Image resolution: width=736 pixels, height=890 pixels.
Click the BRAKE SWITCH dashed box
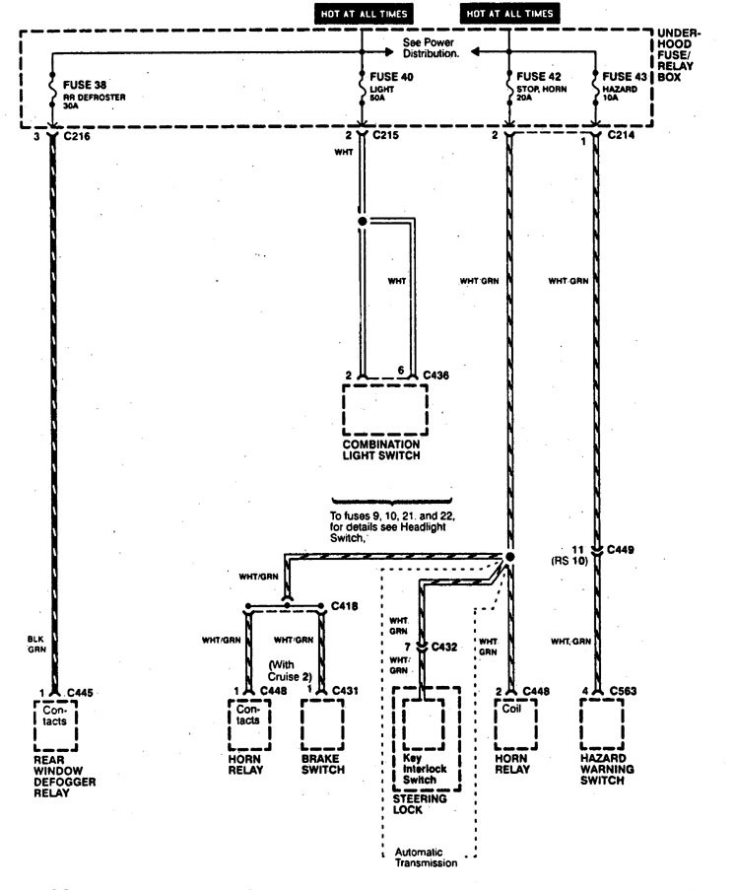pos(324,727)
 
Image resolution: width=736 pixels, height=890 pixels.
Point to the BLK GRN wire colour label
pos(35,644)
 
